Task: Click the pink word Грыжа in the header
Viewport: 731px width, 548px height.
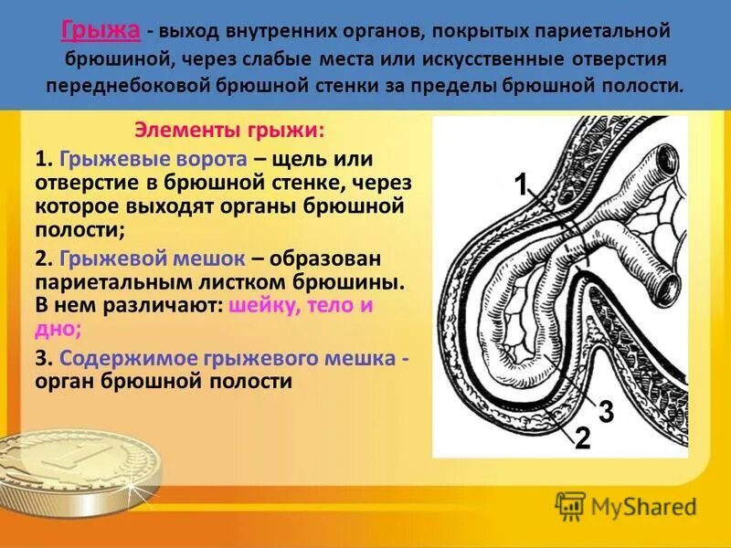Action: (x=101, y=31)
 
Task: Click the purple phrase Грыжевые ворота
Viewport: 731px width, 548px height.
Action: (x=142, y=158)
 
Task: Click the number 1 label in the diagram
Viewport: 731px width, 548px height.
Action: (x=520, y=186)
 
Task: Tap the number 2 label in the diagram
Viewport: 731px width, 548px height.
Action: (x=582, y=438)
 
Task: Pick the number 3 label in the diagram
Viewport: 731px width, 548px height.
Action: (x=605, y=410)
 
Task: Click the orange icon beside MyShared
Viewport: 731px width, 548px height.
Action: (x=570, y=506)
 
